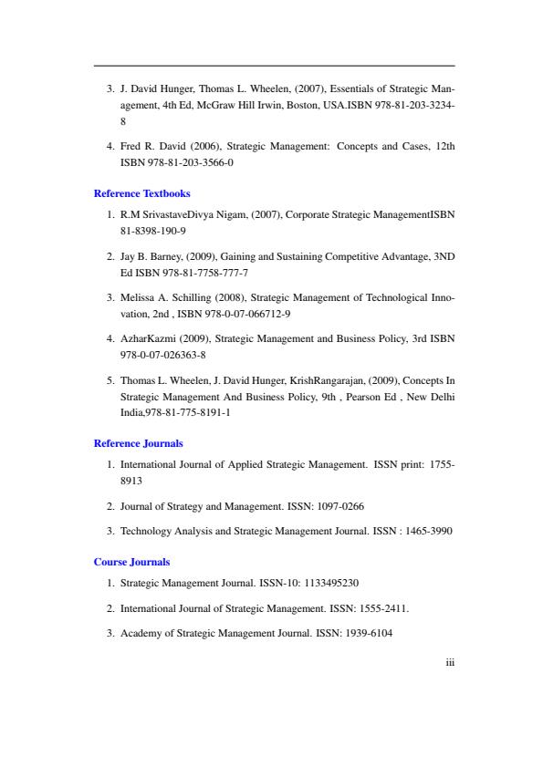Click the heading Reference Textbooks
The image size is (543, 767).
(142, 193)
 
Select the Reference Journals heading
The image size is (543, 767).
(139, 443)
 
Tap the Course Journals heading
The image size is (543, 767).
(132, 562)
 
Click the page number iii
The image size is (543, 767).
(450, 663)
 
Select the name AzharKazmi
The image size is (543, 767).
(148, 337)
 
